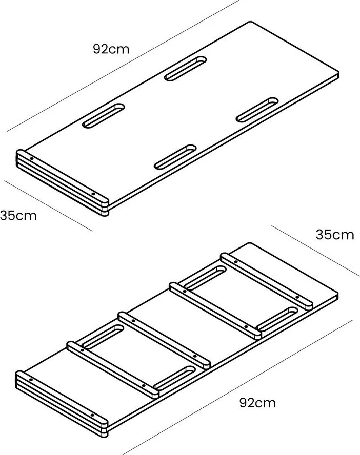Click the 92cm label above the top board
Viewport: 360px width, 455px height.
click(111, 49)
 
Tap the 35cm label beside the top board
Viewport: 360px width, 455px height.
click(18, 216)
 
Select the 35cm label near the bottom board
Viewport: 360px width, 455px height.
click(335, 235)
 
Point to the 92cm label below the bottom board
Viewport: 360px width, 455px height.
click(257, 403)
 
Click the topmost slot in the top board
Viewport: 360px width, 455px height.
click(186, 69)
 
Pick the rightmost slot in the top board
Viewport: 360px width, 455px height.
click(257, 110)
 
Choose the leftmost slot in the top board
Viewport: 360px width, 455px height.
click(104, 116)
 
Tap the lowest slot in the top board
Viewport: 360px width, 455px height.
click(175, 157)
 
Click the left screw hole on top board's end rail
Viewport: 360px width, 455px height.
click(31, 159)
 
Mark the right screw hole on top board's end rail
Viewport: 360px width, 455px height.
click(93, 194)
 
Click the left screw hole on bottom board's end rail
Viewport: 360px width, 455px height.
click(31, 380)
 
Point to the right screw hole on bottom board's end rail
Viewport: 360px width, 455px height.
click(92, 415)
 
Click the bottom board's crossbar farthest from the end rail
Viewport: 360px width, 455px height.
click(267, 281)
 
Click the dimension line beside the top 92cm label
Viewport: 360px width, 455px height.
click(123, 66)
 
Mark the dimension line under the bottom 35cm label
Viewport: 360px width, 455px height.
click(315, 251)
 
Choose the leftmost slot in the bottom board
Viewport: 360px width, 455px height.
click(103, 337)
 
